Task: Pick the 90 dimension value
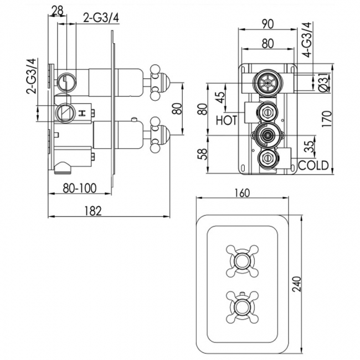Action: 266,24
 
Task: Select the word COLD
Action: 313,164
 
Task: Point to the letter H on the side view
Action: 84,114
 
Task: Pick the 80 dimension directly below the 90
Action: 266,42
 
